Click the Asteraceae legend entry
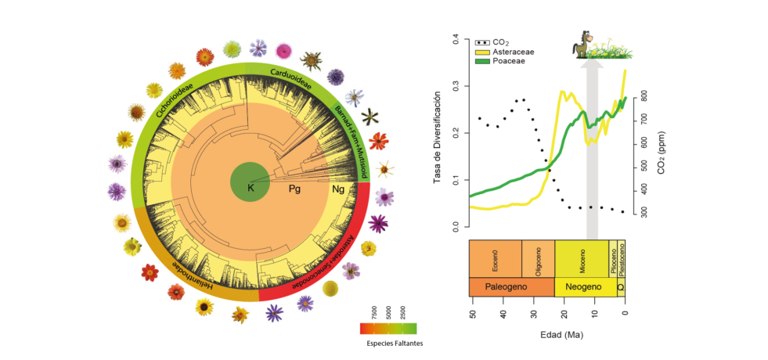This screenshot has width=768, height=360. pyautogui.click(x=510, y=50)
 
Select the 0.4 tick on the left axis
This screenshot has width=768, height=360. pyautogui.click(x=455, y=38)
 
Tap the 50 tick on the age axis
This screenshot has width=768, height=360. pyautogui.click(x=472, y=315)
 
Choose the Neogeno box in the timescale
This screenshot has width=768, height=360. pyautogui.click(x=584, y=287)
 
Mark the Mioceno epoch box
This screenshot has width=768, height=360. pyautogui.click(x=582, y=258)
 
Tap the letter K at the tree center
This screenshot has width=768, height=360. pyautogui.click(x=251, y=188)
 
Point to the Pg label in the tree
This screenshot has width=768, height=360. pyautogui.click(x=295, y=189)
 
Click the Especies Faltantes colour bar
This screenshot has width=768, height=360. pyautogui.click(x=388, y=328)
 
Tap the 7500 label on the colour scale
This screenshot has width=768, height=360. pyautogui.click(x=374, y=311)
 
